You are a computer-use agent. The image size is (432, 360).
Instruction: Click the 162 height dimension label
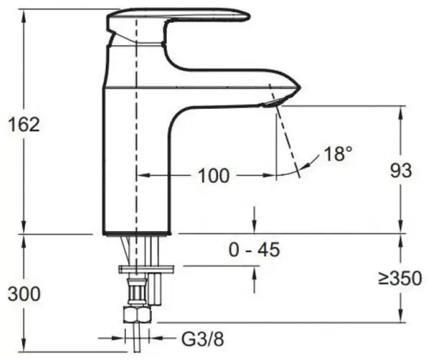(24, 125)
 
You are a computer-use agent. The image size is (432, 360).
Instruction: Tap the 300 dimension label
(24, 294)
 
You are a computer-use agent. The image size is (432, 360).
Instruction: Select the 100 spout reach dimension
(214, 176)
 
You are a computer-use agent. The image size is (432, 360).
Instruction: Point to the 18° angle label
(338, 153)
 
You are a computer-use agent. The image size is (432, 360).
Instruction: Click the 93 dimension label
(401, 171)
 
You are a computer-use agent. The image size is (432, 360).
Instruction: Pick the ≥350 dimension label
(400, 278)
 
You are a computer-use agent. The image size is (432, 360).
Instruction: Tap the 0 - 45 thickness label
(254, 250)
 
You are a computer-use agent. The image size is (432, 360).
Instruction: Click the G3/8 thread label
(202, 339)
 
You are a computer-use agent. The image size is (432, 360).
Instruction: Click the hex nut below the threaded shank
(138, 314)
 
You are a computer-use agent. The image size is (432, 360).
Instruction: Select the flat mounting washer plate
(146, 269)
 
